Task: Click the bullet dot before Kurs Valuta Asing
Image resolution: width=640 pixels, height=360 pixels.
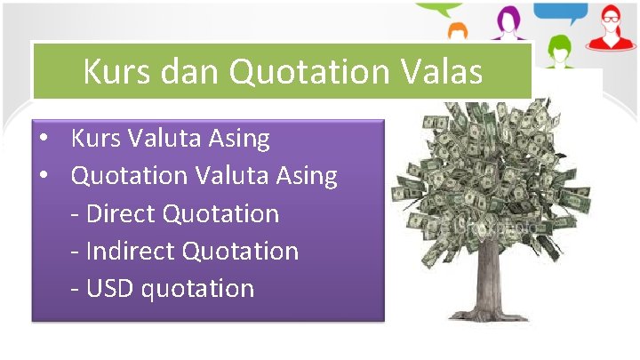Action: (43, 140)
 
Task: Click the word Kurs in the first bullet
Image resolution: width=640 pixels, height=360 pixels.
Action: (96, 139)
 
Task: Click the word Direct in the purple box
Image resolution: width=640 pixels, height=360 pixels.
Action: (122, 213)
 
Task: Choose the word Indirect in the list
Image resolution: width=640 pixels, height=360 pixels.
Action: (132, 251)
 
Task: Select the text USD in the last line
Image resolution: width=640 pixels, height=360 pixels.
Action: (111, 288)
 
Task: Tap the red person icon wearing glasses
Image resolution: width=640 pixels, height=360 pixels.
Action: (610, 27)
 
